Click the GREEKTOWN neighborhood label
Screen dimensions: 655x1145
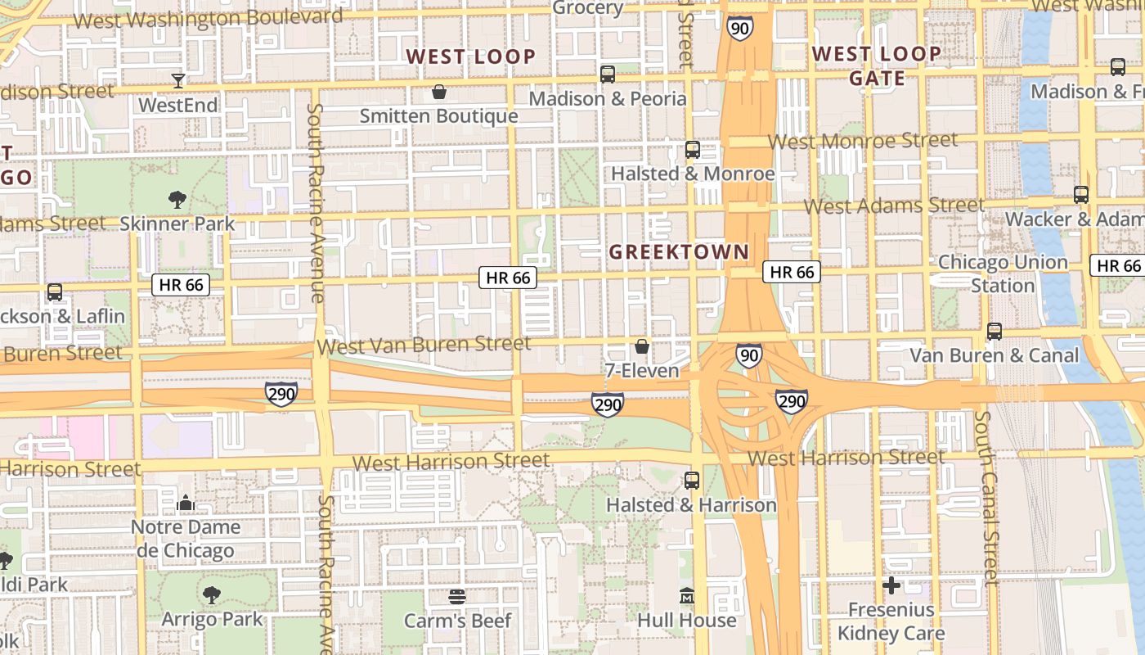pos(679,252)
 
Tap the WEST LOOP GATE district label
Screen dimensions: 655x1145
pos(877,66)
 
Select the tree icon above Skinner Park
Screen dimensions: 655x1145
pos(177,199)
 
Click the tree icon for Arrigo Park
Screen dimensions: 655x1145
pos(212,595)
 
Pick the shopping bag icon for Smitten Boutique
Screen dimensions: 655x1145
pos(439,92)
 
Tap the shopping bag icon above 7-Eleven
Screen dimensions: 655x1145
pos(642,347)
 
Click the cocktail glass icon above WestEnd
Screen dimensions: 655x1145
pos(178,80)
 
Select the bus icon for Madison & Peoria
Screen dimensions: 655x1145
pos(608,75)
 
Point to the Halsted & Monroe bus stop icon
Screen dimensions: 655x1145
pos(693,150)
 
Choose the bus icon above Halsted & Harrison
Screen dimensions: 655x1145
pos(692,481)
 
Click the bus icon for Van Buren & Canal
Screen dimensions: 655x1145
pos(995,332)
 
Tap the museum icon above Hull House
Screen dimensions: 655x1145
pos(687,596)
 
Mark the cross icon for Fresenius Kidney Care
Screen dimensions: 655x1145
pos(891,585)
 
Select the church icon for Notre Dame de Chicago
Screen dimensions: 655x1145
pos(186,503)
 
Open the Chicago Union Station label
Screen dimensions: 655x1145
pos(1003,273)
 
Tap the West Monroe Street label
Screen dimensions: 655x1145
pos(863,141)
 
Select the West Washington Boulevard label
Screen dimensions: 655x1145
pos(209,18)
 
